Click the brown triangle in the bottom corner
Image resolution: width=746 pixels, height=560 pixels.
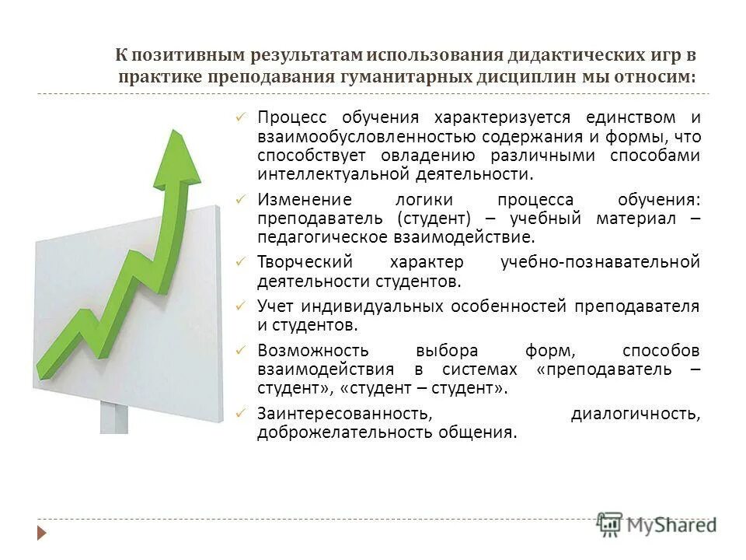pyautogui.click(x=43, y=533)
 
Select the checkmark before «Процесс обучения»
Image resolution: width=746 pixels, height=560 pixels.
pyautogui.click(x=241, y=117)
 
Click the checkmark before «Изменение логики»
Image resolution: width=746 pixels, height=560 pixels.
pyautogui.click(x=241, y=200)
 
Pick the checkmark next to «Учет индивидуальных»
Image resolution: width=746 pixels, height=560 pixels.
pyautogui.click(x=241, y=306)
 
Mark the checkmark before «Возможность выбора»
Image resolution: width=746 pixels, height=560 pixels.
pyautogui.click(x=241, y=349)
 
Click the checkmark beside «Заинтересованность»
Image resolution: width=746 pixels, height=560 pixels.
pyautogui.click(x=241, y=412)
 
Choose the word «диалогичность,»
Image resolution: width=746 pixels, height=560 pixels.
pyautogui.click(x=636, y=413)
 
